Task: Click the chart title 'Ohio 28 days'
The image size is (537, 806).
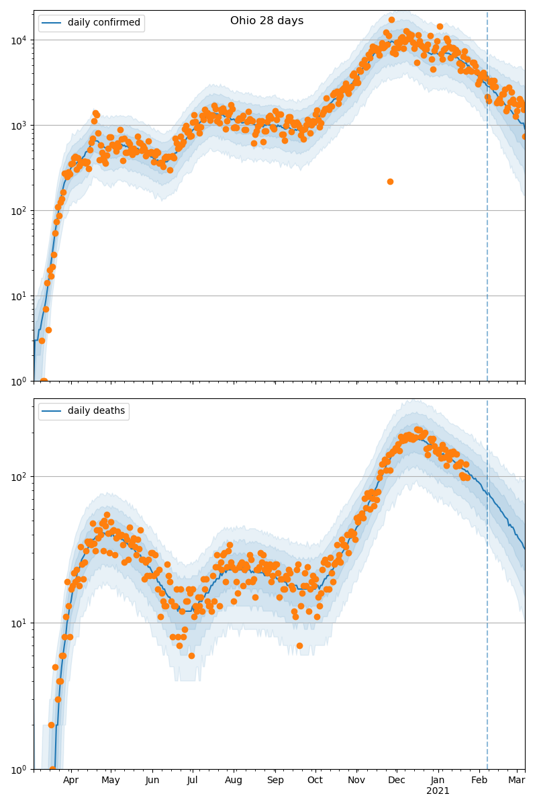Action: click(x=266, y=21)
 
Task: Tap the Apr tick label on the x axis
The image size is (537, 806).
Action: click(x=70, y=780)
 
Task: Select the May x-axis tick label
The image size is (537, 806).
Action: click(x=111, y=780)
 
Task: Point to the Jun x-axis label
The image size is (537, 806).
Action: click(x=152, y=780)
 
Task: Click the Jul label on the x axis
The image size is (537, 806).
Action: click(x=192, y=780)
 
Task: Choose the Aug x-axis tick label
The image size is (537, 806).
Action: click(x=234, y=780)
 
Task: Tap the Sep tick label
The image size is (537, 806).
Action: click(x=275, y=780)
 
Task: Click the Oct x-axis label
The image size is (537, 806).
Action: click(x=315, y=780)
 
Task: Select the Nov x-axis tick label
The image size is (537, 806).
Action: click(x=356, y=780)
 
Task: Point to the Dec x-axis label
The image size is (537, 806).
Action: click(x=397, y=780)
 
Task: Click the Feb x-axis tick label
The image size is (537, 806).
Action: click(x=479, y=780)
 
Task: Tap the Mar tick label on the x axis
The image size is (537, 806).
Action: click(x=516, y=780)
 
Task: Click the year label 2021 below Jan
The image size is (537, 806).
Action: click(x=438, y=791)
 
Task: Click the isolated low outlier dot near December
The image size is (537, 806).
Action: click(x=390, y=181)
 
